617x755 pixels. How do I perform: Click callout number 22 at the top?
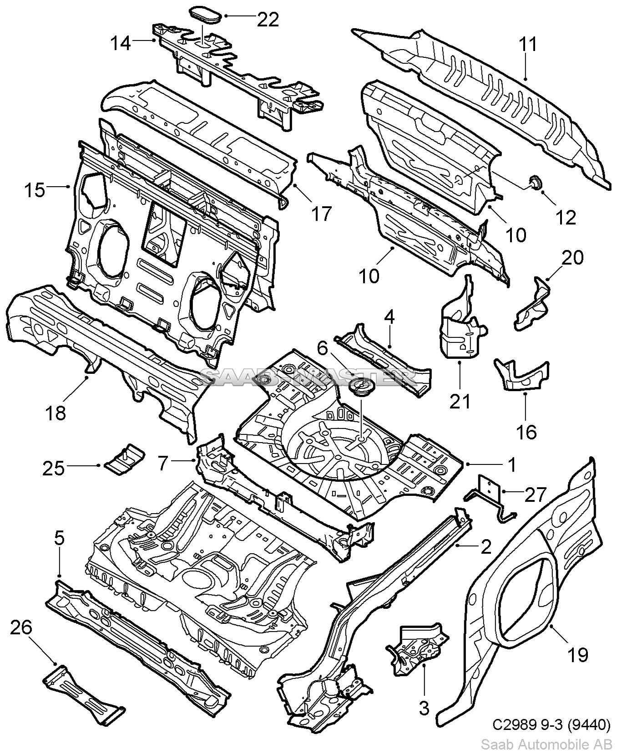[x=268, y=19]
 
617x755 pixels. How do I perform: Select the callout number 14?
[x=121, y=43]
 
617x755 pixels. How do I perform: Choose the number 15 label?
[x=35, y=189]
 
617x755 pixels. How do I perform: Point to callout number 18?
[x=56, y=413]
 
